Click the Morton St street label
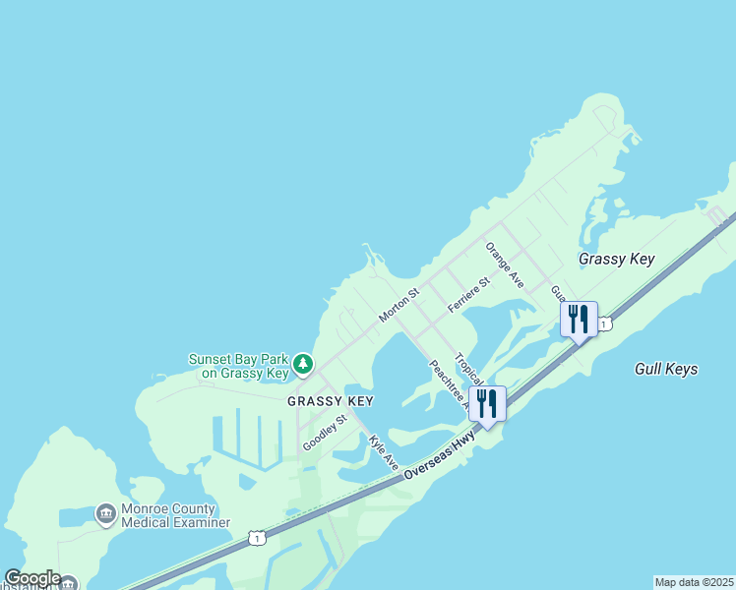pyautogui.click(x=399, y=305)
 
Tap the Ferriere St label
pyautogui.click(x=468, y=295)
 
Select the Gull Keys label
pyautogui.click(x=666, y=369)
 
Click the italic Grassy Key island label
pyautogui.click(x=616, y=259)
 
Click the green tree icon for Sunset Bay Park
pyautogui.click(x=304, y=365)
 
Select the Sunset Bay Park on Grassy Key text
pyautogui.click(x=239, y=366)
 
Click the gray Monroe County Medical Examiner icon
pyautogui.click(x=105, y=514)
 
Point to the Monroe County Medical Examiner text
pyautogui.click(x=175, y=515)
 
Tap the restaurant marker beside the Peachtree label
pyautogui.click(x=486, y=403)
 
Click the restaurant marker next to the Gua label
pyautogui.click(x=579, y=319)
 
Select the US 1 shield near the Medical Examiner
pyautogui.click(x=257, y=538)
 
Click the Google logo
pyautogui.click(x=32, y=578)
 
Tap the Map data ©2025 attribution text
pyautogui.click(x=695, y=582)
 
